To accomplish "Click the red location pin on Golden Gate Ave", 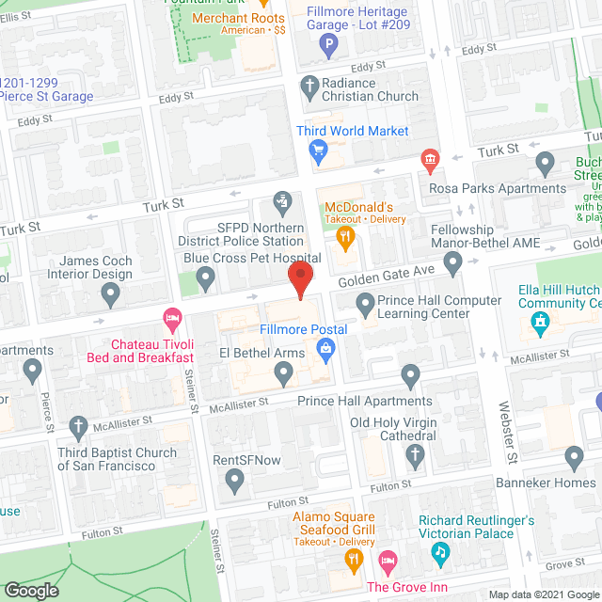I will click(x=299, y=280).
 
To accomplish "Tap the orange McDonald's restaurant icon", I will click(x=345, y=238).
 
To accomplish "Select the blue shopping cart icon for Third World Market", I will click(x=318, y=150).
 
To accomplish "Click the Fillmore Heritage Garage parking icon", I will click(x=328, y=43).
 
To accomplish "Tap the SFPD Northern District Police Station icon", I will click(x=281, y=200).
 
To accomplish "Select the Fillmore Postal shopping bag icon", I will click(x=325, y=352).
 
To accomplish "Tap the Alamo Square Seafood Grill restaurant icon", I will click(x=355, y=562).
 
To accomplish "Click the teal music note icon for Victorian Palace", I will click(x=439, y=554).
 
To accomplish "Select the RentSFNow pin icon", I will click(x=235, y=482).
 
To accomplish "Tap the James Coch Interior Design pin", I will click(x=110, y=295).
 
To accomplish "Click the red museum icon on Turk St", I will click(x=429, y=160).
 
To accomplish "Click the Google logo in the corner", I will click(x=31, y=591).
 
